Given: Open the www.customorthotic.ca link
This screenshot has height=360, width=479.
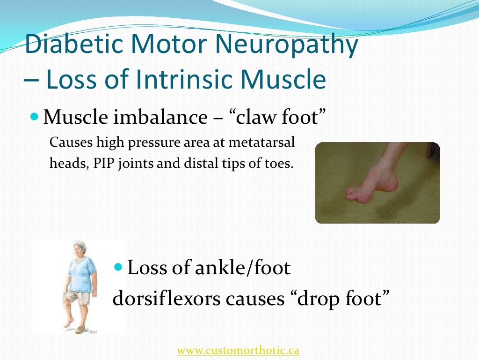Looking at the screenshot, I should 238,350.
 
